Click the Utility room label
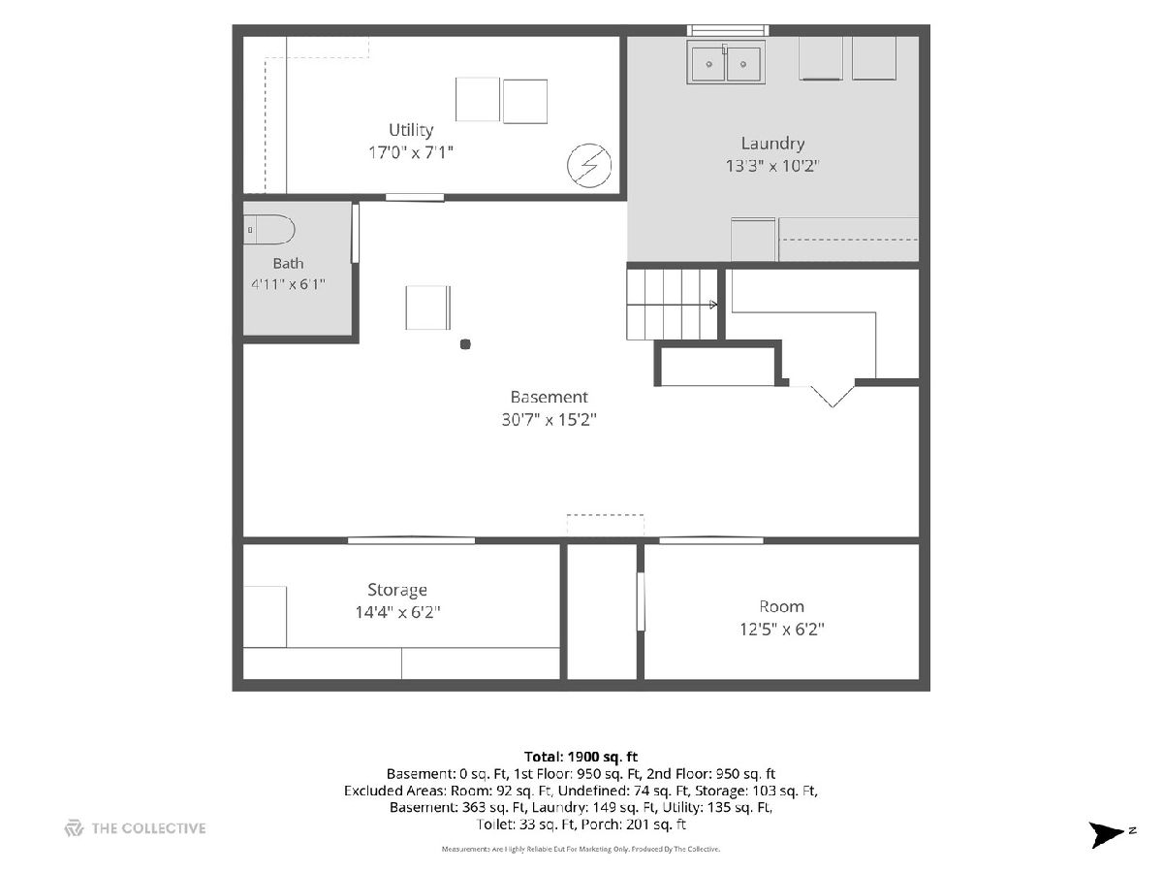click(411, 130)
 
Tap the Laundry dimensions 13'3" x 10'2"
click(772, 166)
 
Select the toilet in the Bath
click(268, 230)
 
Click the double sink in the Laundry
click(726, 62)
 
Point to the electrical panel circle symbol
click(588, 165)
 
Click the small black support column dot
click(465, 344)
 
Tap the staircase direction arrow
click(713, 305)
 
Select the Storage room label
click(397, 590)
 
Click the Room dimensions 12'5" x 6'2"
click(782, 630)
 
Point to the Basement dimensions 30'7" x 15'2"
click(549, 420)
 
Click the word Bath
click(288, 264)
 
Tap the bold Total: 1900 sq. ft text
click(581, 757)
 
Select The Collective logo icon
click(74, 828)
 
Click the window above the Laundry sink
click(728, 30)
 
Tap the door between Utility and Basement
click(415, 197)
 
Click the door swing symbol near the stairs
click(832, 396)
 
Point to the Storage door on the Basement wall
click(411, 540)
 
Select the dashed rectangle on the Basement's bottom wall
click(605, 525)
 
